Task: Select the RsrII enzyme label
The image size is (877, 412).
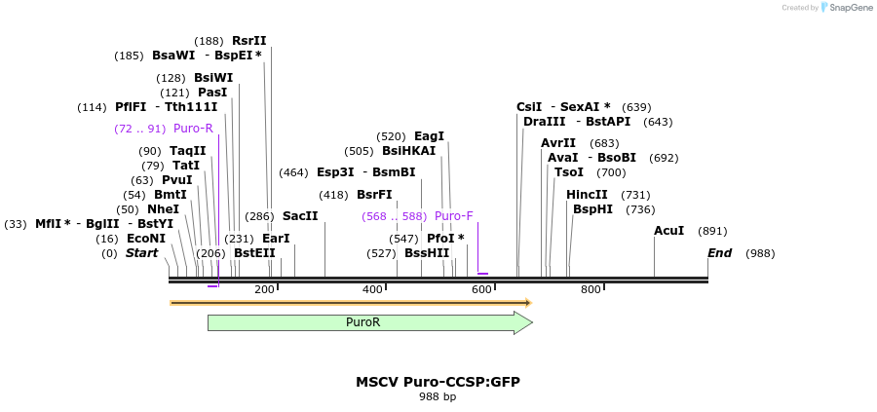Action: coord(248,41)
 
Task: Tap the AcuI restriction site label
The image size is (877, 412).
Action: coord(668,231)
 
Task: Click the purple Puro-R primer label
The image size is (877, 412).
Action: coord(193,129)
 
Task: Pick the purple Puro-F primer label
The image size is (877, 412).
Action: coord(454,216)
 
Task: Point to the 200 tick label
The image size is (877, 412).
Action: coord(264,289)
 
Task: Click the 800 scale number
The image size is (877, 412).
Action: coord(591,289)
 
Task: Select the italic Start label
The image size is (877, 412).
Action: coord(141,253)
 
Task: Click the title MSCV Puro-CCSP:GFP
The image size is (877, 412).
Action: coord(438,382)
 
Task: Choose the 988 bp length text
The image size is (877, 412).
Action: coord(438,397)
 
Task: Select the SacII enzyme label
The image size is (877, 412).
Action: coord(300,215)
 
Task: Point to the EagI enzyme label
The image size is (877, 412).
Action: coord(429,136)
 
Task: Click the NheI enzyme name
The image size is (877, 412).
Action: coord(163,209)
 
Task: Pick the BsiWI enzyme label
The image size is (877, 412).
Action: coord(213,78)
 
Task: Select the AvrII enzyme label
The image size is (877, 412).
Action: coord(558,143)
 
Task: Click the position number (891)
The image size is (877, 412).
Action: coord(713,231)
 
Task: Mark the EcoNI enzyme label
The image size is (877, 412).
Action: coord(146,239)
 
